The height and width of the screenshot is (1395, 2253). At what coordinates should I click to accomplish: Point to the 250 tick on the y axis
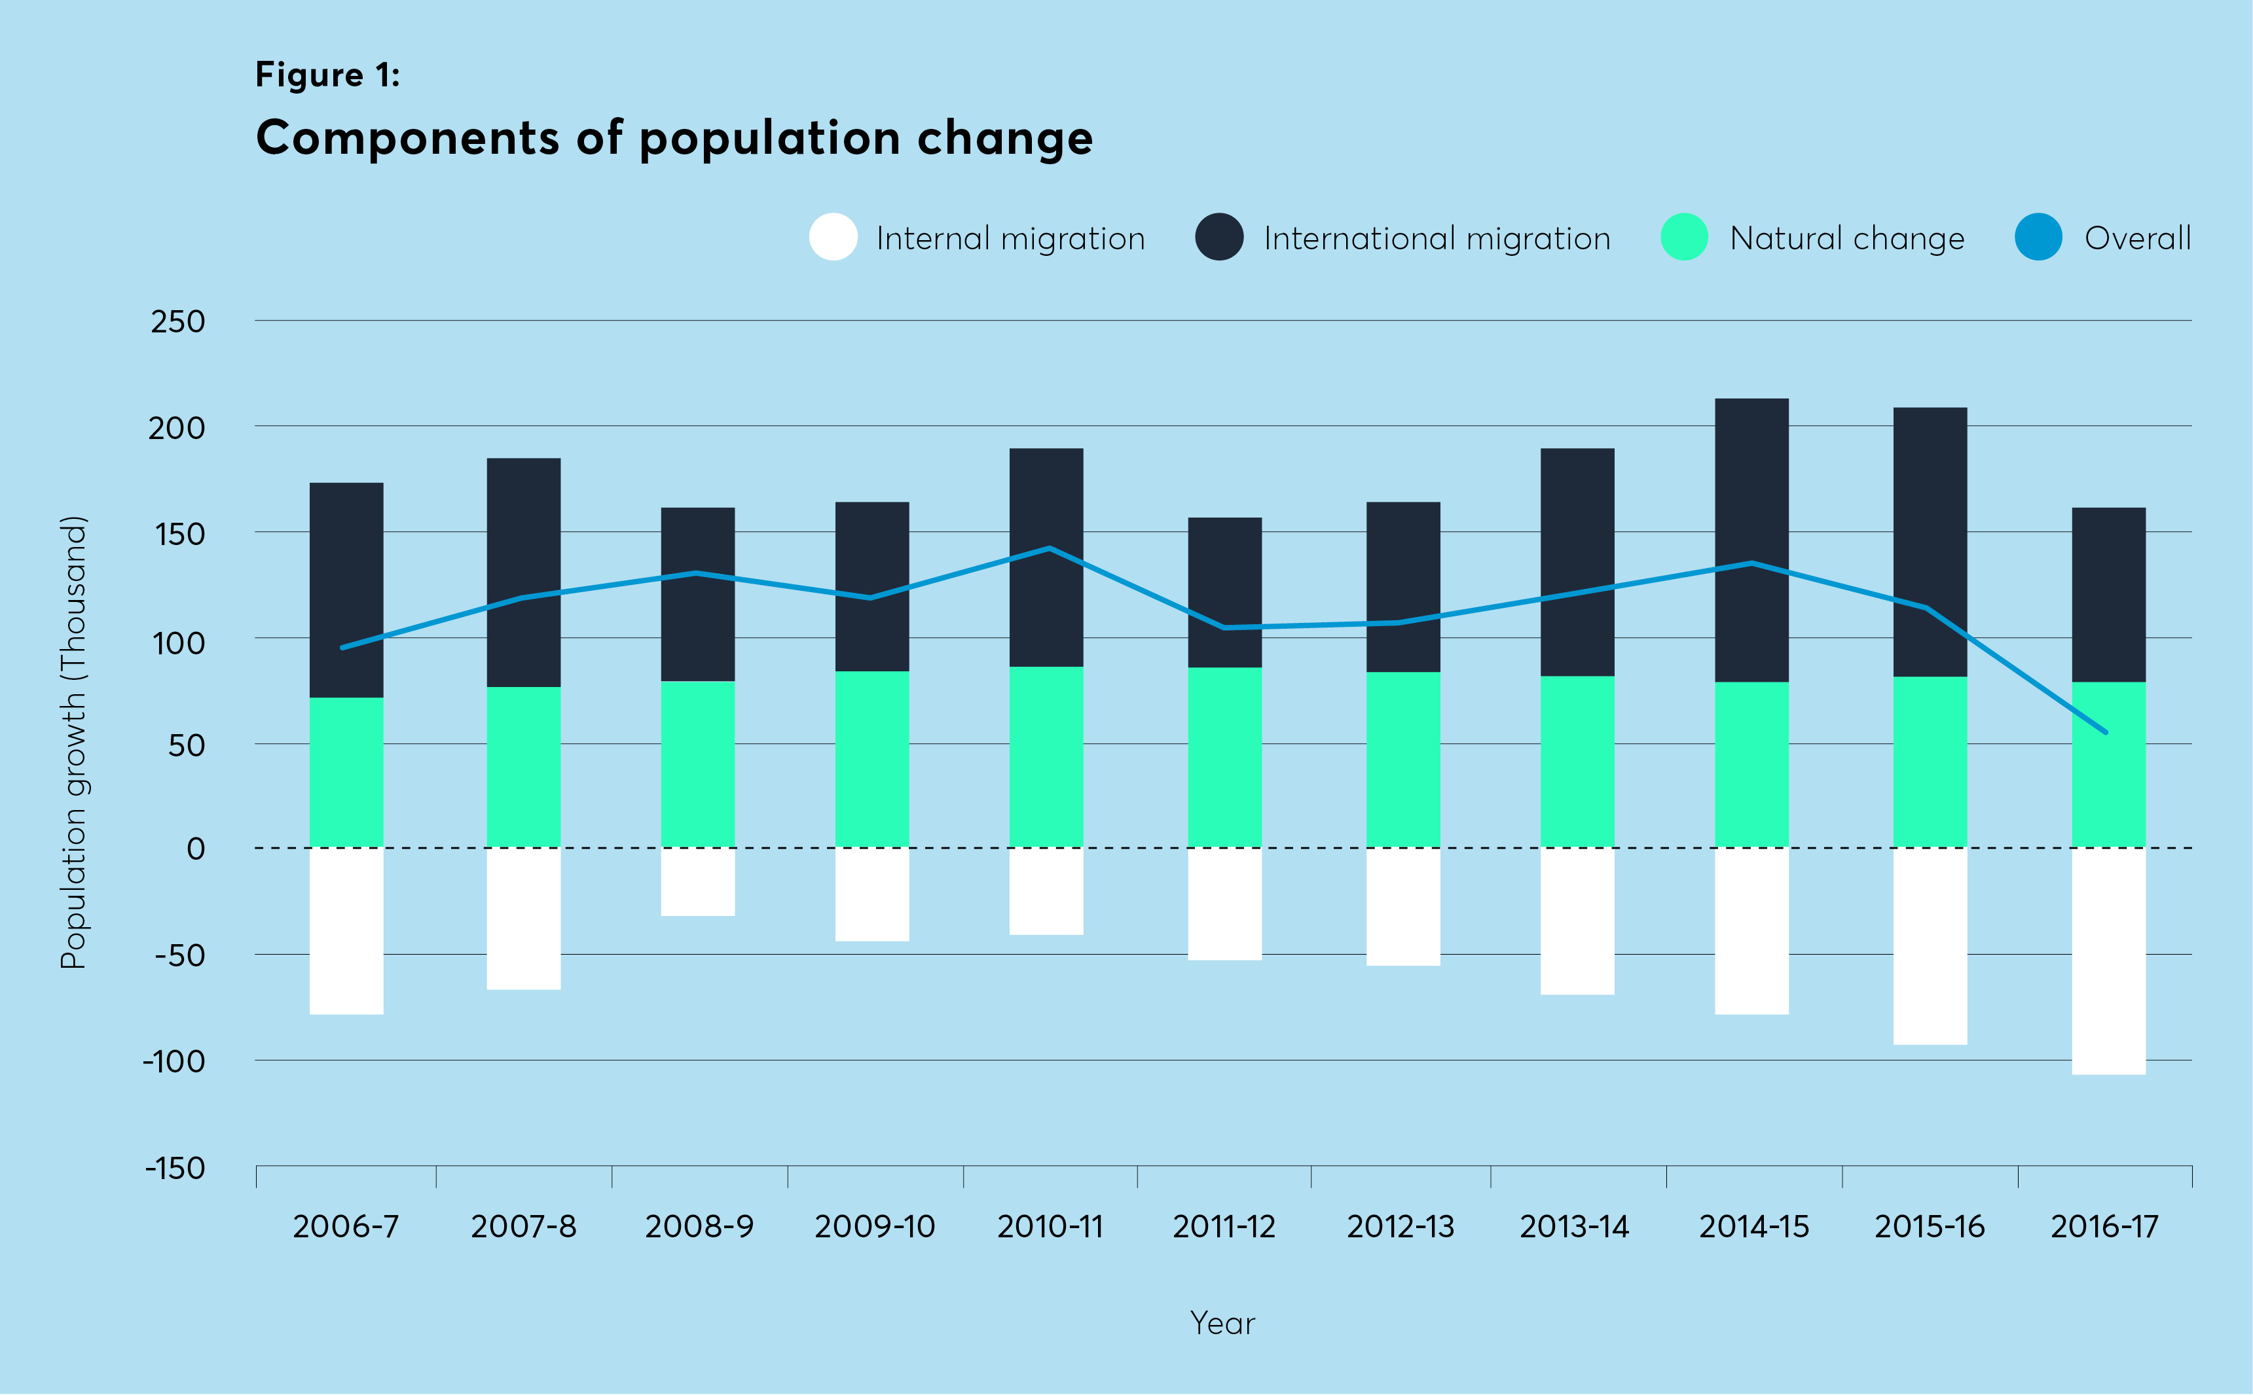coord(177,321)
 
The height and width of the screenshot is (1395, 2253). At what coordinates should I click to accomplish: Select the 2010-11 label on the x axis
coord(1050,1226)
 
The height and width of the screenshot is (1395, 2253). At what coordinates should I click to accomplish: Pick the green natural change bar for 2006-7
coord(346,772)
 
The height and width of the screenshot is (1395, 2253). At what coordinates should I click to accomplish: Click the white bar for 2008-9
coord(698,882)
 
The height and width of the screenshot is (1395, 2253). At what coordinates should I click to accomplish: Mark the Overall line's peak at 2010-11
coord(1050,548)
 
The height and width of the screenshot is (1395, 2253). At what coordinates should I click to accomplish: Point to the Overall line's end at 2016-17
coord(2105,732)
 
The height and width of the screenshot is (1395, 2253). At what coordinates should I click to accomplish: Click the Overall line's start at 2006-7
coord(342,648)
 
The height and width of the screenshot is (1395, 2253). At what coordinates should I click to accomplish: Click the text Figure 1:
coord(327,74)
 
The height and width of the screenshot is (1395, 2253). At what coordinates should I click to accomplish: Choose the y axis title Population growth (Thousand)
coord(73,743)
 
